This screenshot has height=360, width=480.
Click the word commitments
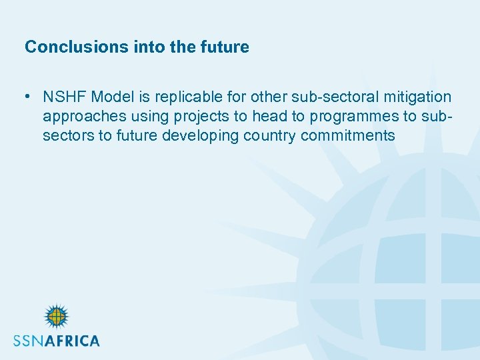(x=348, y=136)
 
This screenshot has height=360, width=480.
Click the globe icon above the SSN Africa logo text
(x=57, y=317)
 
